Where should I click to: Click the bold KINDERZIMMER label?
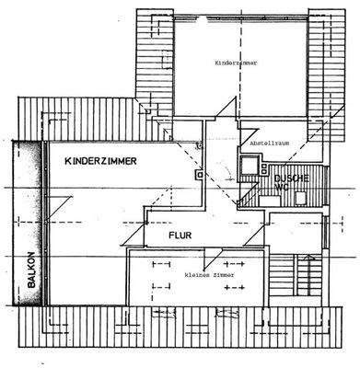click(x=101, y=162)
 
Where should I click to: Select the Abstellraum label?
click(x=260, y=145)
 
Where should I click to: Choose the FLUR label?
click(x=179, y=236)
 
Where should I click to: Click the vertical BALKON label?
click(x=30, y=271)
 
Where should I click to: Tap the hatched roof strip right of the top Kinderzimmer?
click(x=321, y=55)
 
